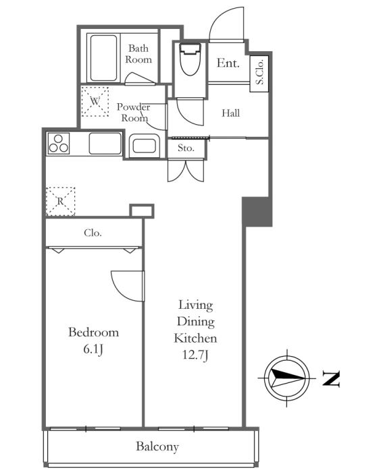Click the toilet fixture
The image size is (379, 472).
click(x=190, y=59)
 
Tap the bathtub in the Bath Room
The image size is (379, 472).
click(x=103, y=58)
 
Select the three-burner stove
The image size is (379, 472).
click(x=59, y=144)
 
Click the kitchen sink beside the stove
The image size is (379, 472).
click(x=105, y=144)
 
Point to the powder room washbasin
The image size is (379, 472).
click(x=145, y=146)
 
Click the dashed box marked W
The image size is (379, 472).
click(x=95, y=101)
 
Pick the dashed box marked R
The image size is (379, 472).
click(x=60, y=202)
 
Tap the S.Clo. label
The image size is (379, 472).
click(x=259, y=71)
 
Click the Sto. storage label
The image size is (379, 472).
click(x=186, y=148)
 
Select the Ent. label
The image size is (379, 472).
click(x=228, y=63)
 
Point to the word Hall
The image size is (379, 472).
click(x=230, y=113)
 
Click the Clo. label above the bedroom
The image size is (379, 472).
click(x=93, y=233)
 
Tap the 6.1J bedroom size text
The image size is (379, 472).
click(x=93, y=349)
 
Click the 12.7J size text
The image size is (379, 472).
click(x=195, y=355)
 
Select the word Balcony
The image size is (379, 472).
click(x=157, y=446)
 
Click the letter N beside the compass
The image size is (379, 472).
click(x=331, y=379)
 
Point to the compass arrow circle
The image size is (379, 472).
click(x=286, y=378)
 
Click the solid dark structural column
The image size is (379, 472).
click(x=257, y=212)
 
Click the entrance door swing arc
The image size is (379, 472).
click(x=218, y=18)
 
